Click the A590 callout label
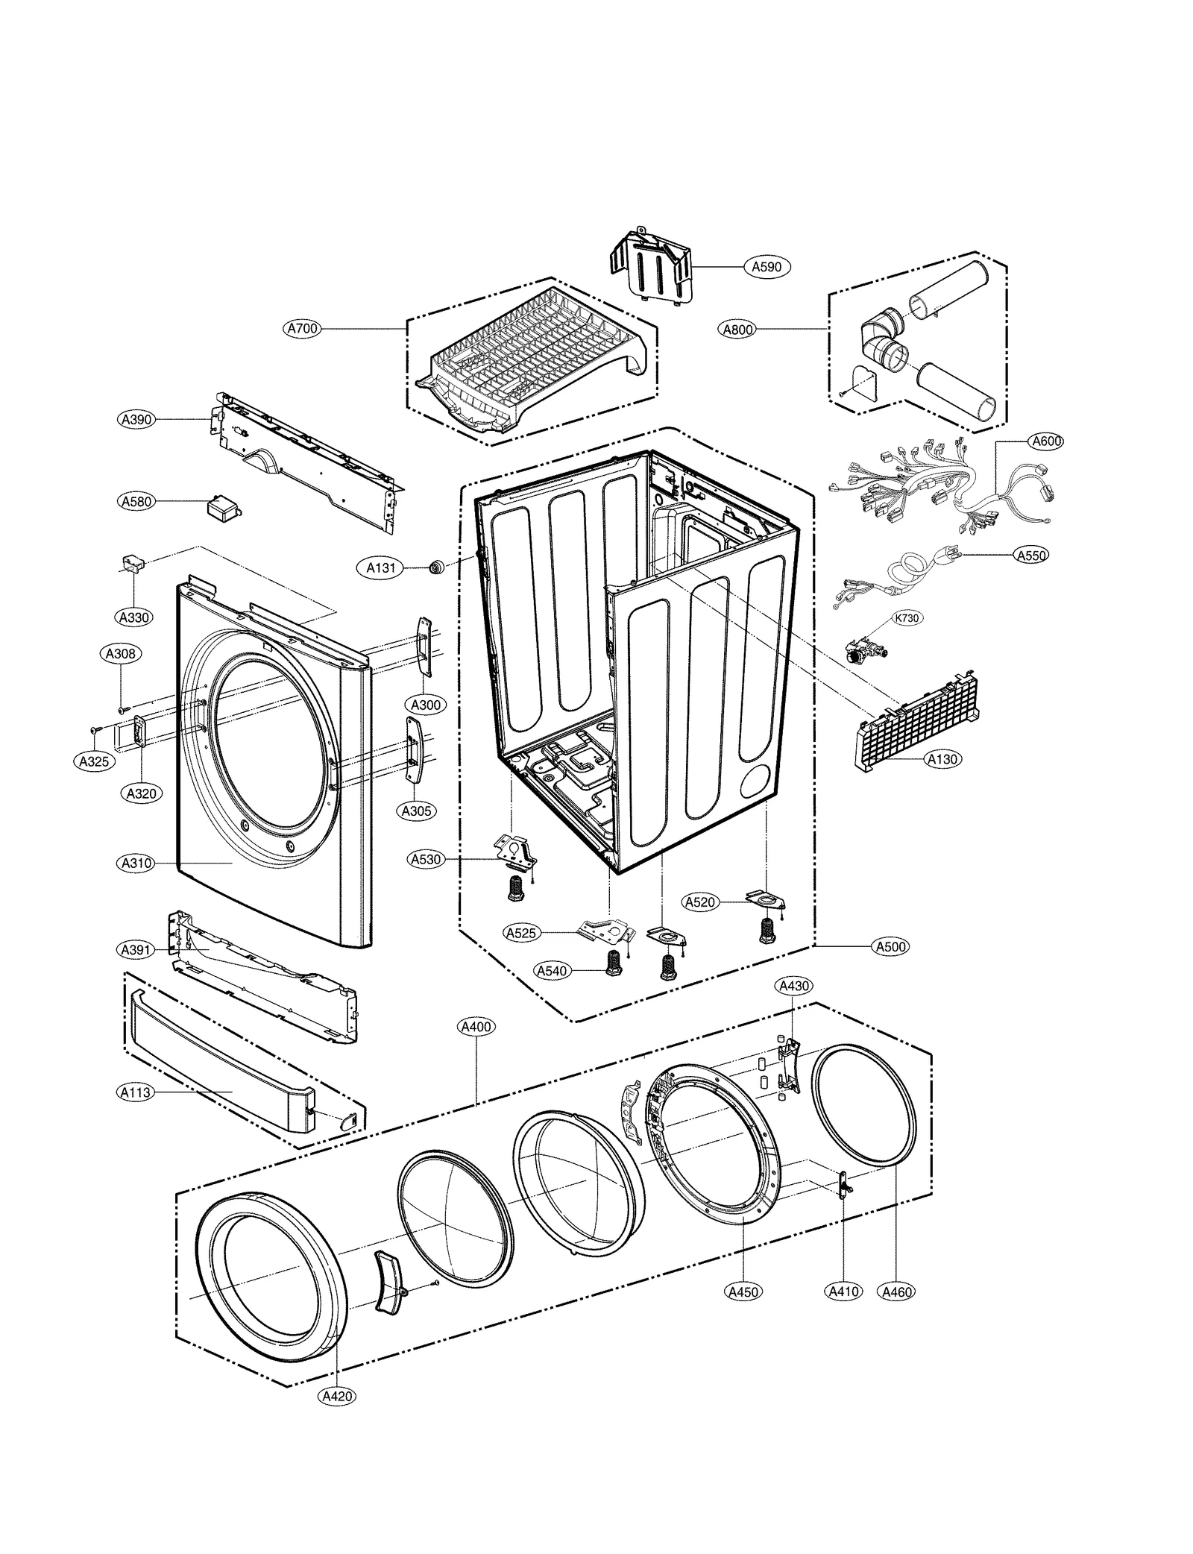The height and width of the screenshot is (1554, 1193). pos(766,266)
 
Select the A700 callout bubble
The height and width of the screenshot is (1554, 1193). pos(302,328)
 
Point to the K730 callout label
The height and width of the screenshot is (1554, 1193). pos(906,618)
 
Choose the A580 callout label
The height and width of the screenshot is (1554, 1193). pos(136,502)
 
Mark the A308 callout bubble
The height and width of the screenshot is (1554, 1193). pos(120,654)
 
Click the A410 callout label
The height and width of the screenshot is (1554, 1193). pos(843,1291)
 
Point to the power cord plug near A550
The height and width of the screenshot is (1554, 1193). pos(947,556)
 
